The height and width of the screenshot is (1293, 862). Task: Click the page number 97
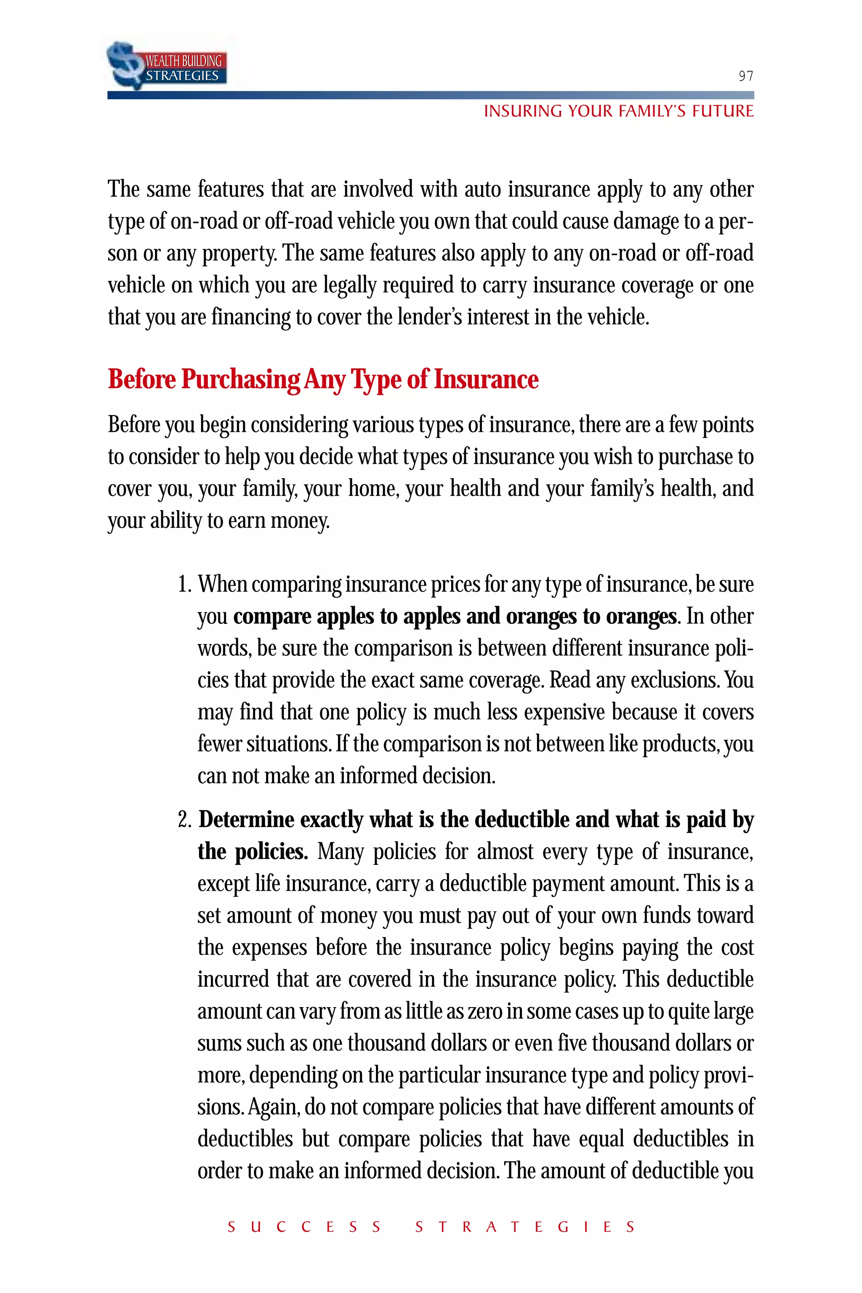tap(745, 76)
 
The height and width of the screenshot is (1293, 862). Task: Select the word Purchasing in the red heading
tap(241, 379)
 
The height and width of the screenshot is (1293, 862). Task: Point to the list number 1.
tap(184, 584)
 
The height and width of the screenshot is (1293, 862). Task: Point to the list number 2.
tap(184, 819)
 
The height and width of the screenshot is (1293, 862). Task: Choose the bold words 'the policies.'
tap(253, 851)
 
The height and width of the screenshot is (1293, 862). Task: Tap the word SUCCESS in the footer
tap(304, 1227)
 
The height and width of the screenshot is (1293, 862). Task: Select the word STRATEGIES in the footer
tap(525, 1227)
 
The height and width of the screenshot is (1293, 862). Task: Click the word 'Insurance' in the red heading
tap(486, 379)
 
